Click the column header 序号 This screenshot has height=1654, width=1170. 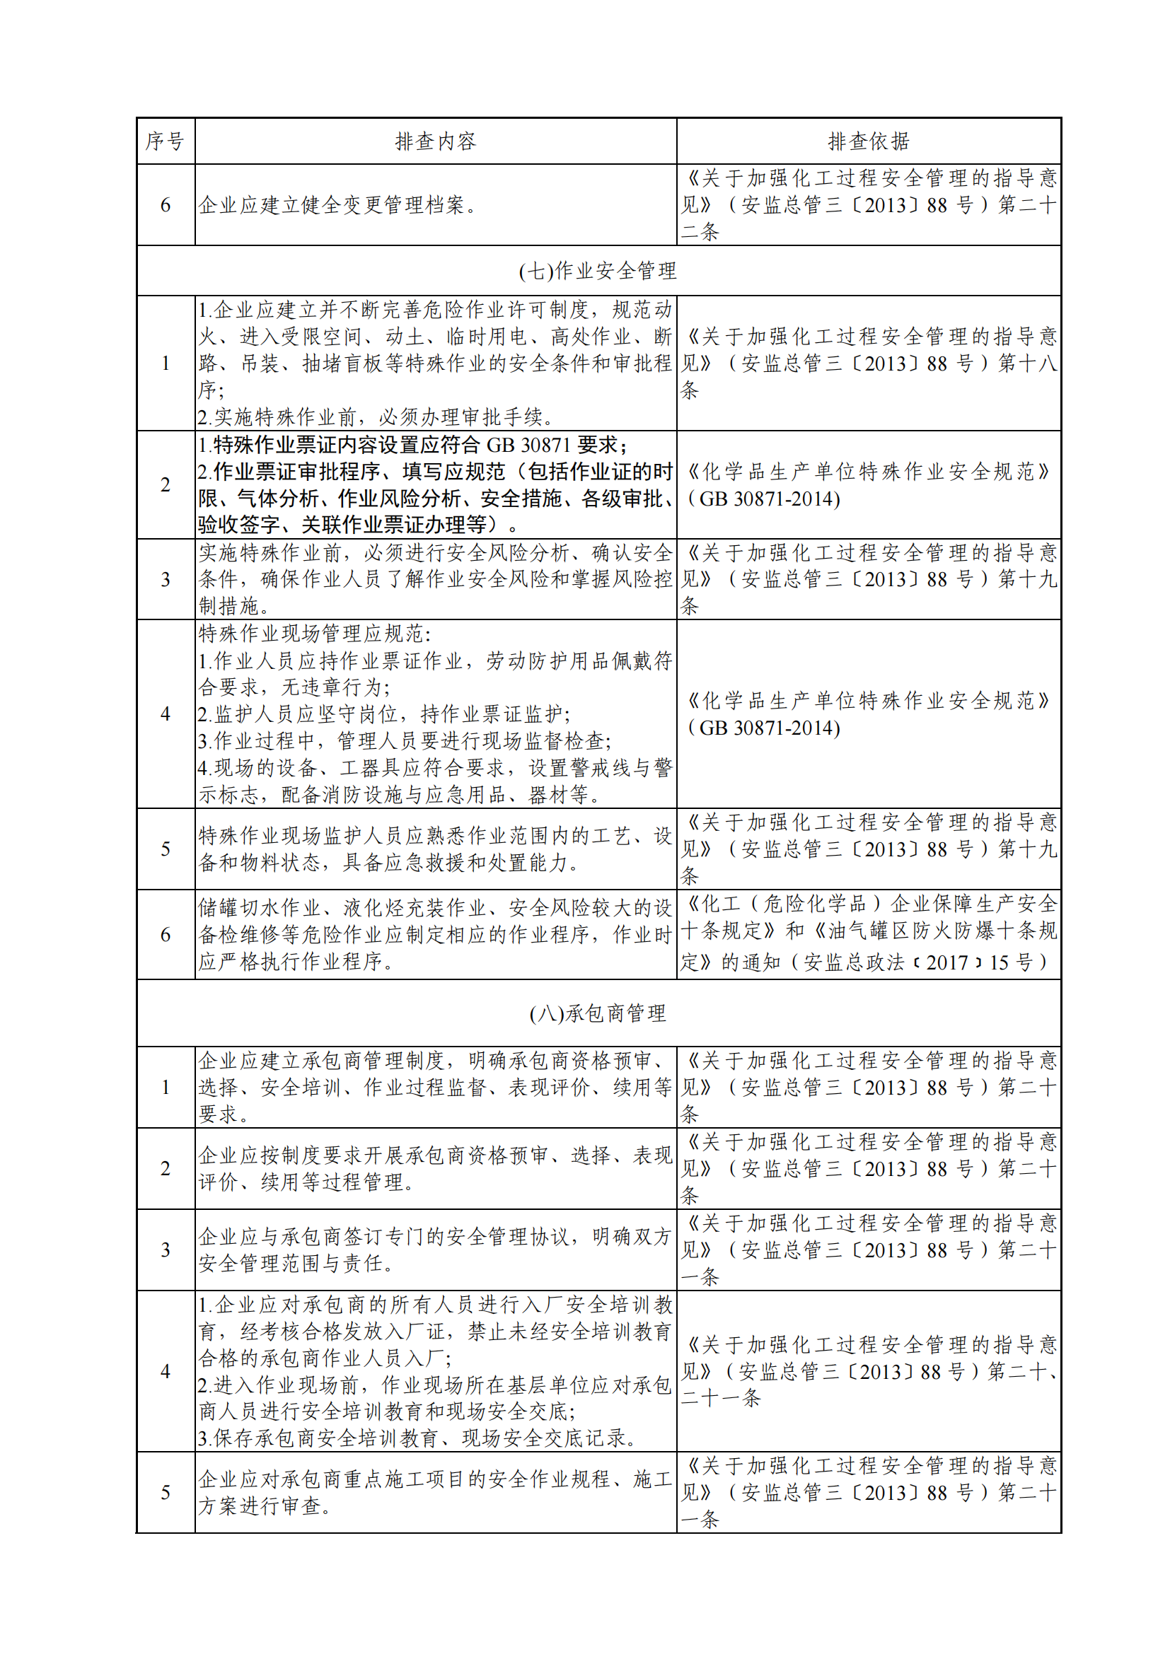(x=165, y=141)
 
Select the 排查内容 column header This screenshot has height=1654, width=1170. (x=435, y=141)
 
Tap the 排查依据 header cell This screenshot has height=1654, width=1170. (x=868, y=141)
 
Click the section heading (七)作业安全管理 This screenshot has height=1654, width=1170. (x=598, y=271)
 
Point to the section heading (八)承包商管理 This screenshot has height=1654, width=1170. (x=598, y=1013)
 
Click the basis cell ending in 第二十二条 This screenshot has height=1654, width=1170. (x=868, y=205)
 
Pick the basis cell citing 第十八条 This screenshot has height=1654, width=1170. (x=868, y=363)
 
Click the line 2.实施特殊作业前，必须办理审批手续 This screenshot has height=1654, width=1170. (x=376, y=417)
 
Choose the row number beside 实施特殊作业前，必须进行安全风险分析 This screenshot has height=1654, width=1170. (x=165, y=579)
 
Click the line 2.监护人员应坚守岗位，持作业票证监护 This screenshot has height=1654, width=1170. (x=384, y=714)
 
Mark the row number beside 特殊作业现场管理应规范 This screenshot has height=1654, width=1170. (x=165, y=714)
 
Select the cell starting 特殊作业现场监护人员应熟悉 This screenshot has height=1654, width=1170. (x=435, y=849)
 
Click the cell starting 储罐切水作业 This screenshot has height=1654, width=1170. (x=435, y=934)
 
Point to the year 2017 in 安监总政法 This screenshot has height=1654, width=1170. (x=946, y=962)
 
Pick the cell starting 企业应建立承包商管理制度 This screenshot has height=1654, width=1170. (x=435, y=1087)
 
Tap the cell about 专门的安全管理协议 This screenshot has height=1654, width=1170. (x=435, y=1250)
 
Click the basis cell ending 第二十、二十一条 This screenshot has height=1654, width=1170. (x=868, y=1372)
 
